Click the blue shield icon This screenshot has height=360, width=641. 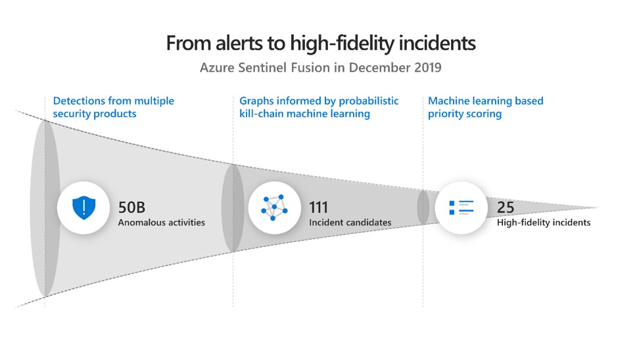tap(83, 208)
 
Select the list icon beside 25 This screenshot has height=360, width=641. tap(462, 208)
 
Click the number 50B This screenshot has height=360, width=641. tap(131, 208)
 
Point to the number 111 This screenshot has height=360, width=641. tap(319, 208)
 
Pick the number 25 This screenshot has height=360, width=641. tap(506, 208)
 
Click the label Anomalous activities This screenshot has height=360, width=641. tap(162, 223)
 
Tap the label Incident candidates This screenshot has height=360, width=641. tap(350, 223)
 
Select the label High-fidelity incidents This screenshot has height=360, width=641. tap(544, 223)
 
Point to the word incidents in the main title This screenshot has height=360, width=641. tap(435, 43)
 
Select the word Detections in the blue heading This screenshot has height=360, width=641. tap(78, 101)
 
